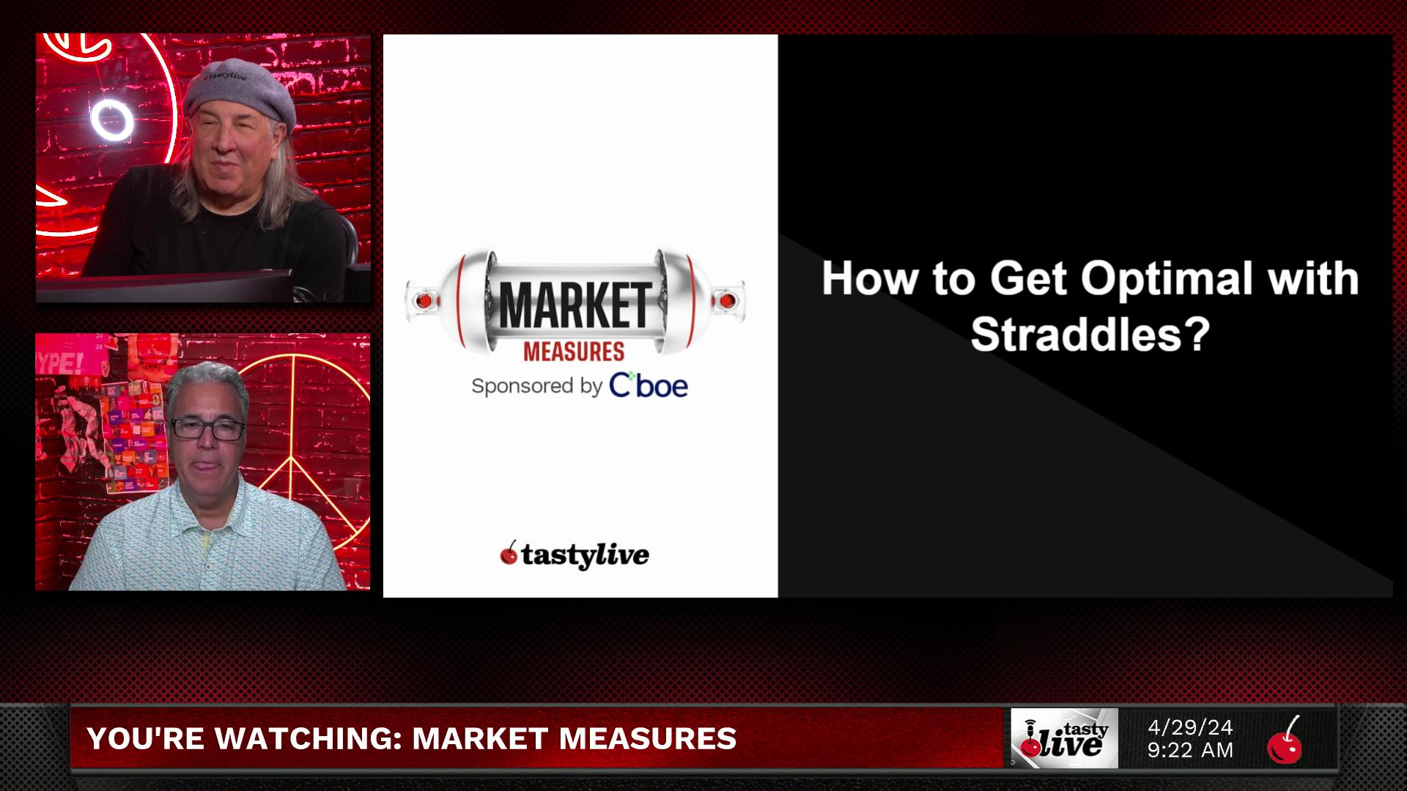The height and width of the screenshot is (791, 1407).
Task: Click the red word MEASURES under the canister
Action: click(x=574, y=352)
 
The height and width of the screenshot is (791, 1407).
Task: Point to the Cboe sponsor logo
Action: click(x=649, y=385)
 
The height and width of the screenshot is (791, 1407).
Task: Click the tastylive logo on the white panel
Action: click(x=575, y=555)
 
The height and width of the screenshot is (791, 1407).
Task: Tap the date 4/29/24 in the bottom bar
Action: click(x=1191, y=727)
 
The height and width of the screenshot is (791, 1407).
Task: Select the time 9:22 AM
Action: click(x=1191, y=751)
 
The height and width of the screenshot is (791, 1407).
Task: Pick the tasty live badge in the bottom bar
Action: click(x=1065, y=738)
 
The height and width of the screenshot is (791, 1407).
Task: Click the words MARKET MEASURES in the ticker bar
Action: click(x=575, y=738)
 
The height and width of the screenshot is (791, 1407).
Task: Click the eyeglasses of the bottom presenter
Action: click(x=208, y=430)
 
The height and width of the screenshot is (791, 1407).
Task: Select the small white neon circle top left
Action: click(x=112, y=121)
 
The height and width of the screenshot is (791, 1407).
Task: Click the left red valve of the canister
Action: click(x=423, y=300)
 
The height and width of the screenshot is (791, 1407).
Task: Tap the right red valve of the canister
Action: click(x=727, y=300)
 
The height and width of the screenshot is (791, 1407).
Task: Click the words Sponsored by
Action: click(x=537, y=387)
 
